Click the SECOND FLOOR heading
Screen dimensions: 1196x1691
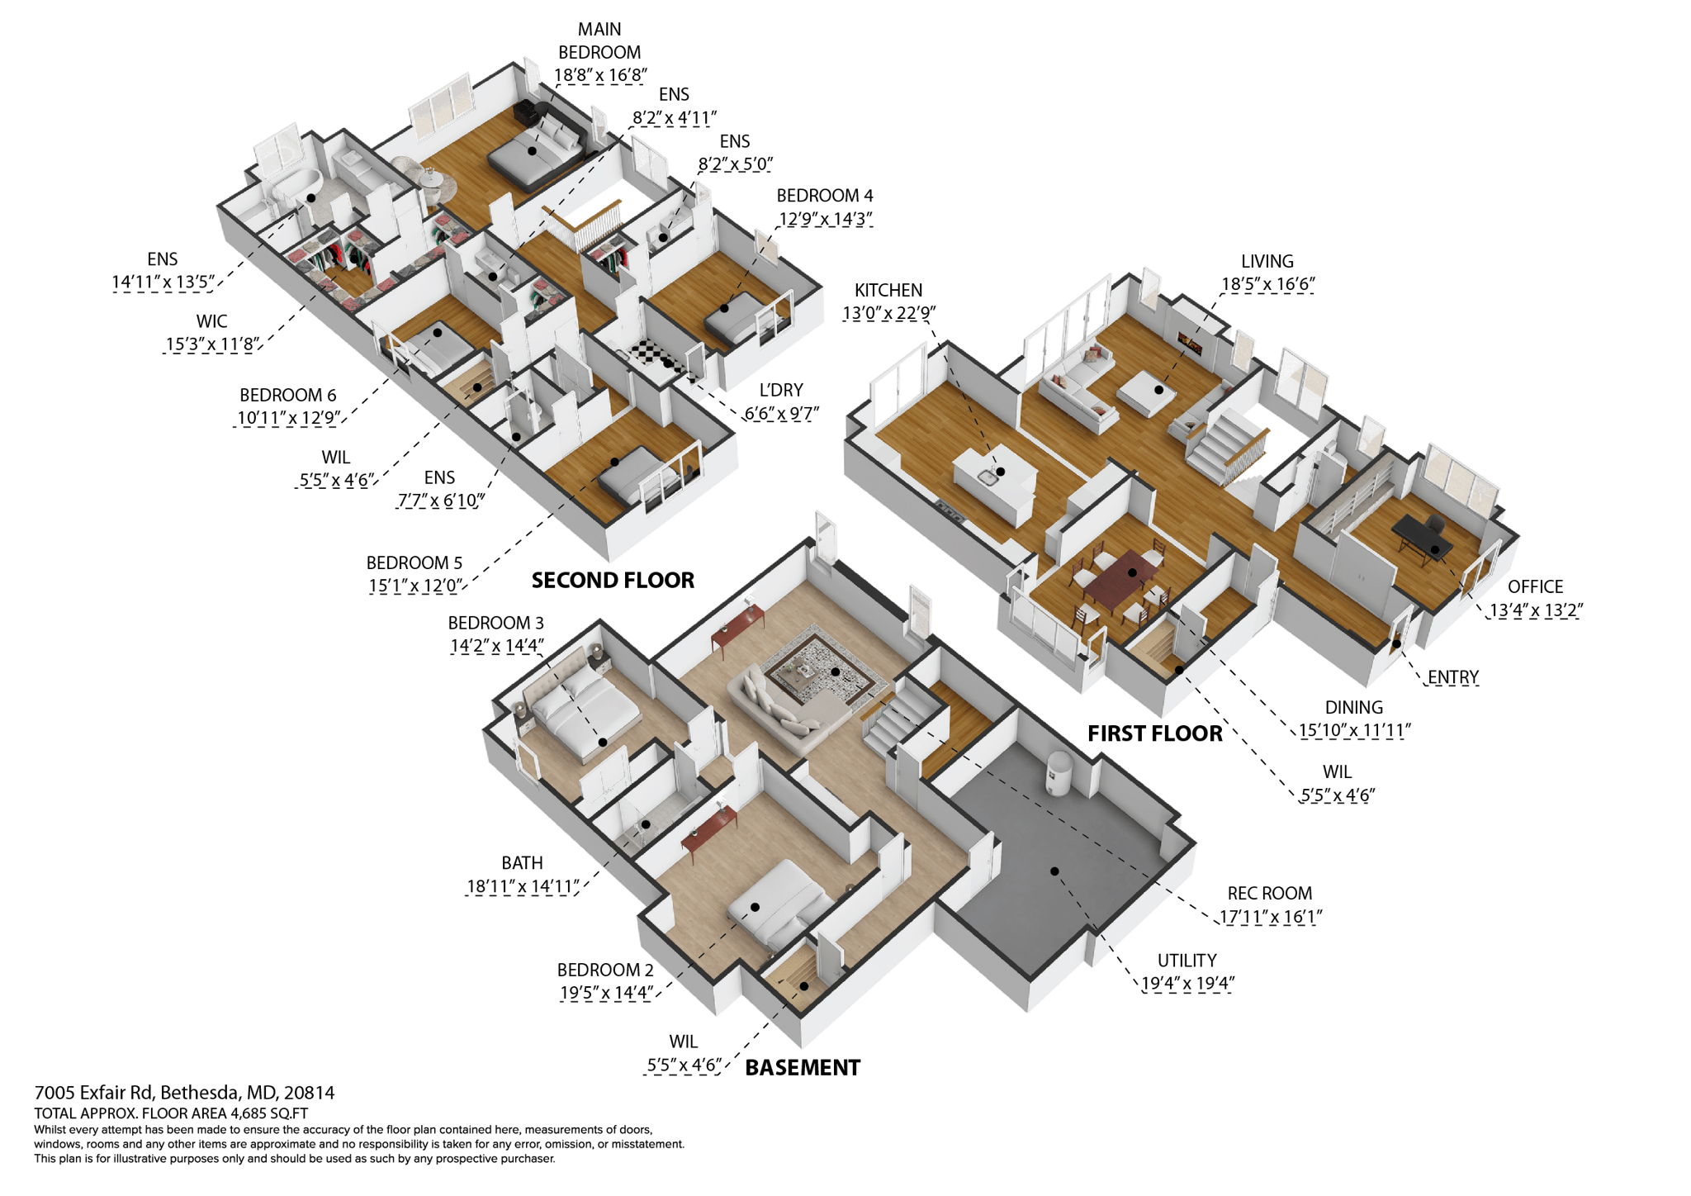613,580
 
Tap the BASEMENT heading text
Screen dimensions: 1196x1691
802,1067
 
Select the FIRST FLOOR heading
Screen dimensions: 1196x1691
1154,733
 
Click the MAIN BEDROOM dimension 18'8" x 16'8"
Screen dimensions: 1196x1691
599,75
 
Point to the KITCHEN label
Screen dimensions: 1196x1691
888,290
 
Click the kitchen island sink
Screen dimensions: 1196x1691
988,474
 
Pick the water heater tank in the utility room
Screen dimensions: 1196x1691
1059,773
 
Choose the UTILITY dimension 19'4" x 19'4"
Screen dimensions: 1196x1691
1187,983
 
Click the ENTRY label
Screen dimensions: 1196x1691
1452,676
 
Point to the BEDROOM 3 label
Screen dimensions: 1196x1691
495,623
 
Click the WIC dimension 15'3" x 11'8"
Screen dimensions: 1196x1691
212,344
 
